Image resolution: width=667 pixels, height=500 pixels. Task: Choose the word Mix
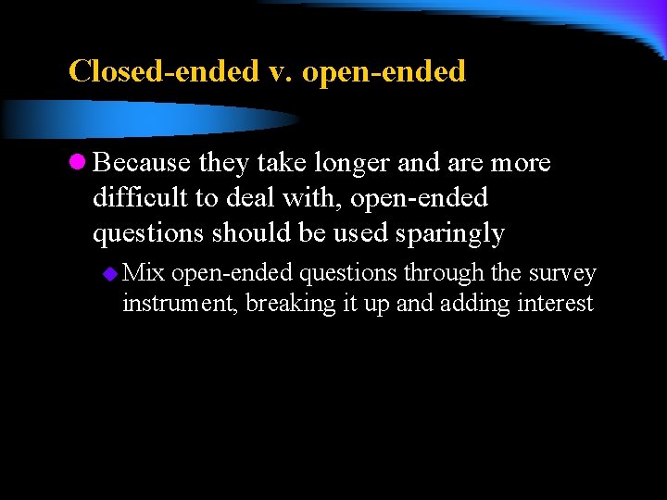pos(144,273)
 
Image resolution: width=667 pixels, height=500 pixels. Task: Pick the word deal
pos(258,198)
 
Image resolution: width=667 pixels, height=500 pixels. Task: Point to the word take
pos(283,163)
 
